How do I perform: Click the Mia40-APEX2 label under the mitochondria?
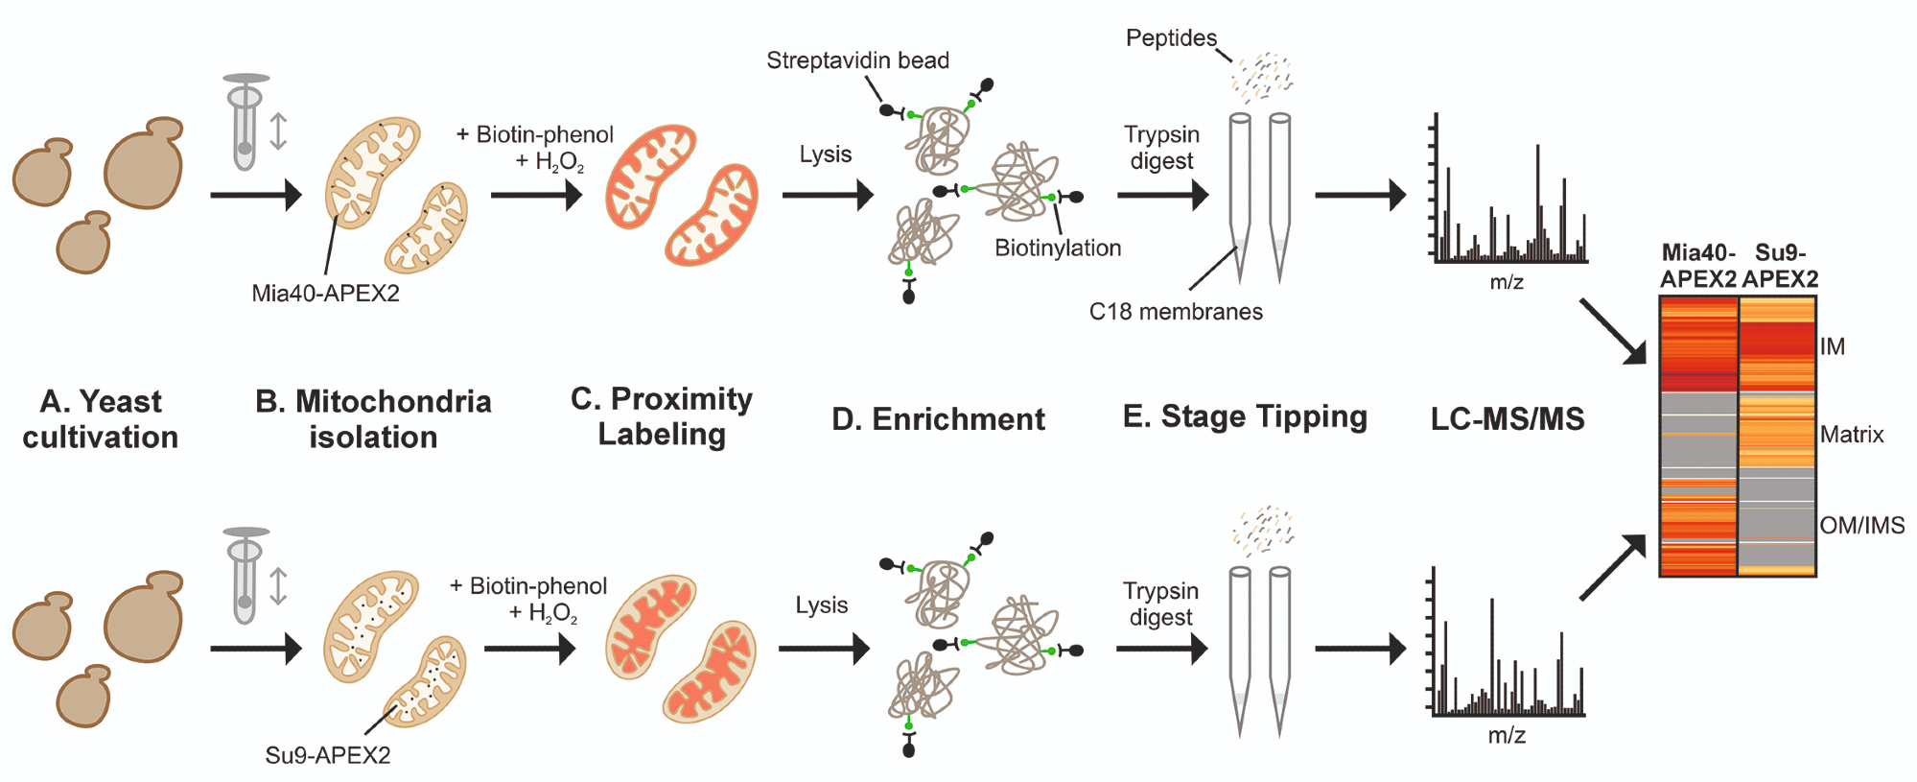tap(325, 294)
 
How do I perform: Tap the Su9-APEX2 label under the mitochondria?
tap(328, 755)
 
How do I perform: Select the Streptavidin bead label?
tap(857, 60)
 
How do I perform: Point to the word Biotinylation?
tap(1058, 248)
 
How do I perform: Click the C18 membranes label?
tap(1176, 311)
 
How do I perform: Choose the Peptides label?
tap(1171, 38)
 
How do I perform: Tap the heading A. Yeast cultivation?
tap(101, 419)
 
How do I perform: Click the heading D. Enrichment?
tap(938, 419)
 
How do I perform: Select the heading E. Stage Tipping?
tap(1245, 416)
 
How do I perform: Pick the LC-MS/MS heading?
tap(1508, 419)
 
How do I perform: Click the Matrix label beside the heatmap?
tap(1852, 435)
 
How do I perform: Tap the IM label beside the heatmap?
tap(1833, 346)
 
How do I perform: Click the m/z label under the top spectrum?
tap(1507, 282)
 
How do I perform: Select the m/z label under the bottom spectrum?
tap(1507, 735)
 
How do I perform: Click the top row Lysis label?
tap(826, 154)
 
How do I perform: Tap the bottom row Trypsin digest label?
tap(1161, 604)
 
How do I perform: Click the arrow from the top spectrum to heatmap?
tap(1612, 331)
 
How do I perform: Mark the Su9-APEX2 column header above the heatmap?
tap(1780, 266)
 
